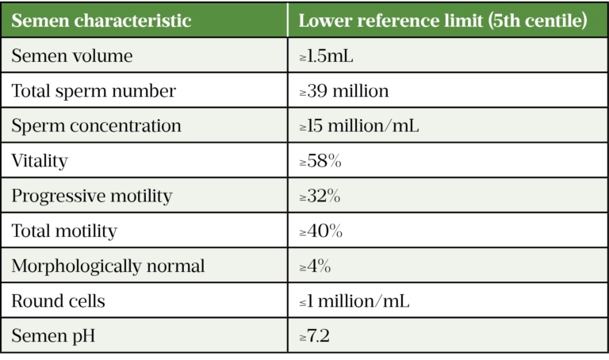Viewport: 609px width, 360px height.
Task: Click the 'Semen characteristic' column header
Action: point(101,21)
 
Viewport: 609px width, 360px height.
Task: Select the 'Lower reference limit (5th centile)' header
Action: point(442,21)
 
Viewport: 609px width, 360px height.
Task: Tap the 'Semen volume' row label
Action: point(72,56)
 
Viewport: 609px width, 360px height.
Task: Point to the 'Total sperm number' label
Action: point(94,91)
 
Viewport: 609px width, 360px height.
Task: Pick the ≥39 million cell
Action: point(344,91)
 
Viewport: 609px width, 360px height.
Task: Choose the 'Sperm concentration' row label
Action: point(96,126)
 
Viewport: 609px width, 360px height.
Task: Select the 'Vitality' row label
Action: point(40,161)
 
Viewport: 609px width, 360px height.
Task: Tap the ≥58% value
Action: point(320,161)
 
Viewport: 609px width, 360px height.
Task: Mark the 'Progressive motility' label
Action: point(91,196)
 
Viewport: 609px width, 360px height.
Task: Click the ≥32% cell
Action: point(320,196)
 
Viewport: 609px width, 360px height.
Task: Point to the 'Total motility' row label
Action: point(64,231)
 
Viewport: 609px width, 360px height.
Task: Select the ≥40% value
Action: point(321,231)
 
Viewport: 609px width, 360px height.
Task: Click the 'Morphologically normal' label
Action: point(108,266)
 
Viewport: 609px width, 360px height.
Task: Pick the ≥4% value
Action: point(315,266)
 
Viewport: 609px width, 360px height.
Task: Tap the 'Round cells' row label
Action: point(58,301)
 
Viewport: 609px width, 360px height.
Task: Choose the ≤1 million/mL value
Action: point(354,301)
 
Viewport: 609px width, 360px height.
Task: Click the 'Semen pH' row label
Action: point(52,336)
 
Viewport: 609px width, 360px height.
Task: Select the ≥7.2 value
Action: point(315,336)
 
